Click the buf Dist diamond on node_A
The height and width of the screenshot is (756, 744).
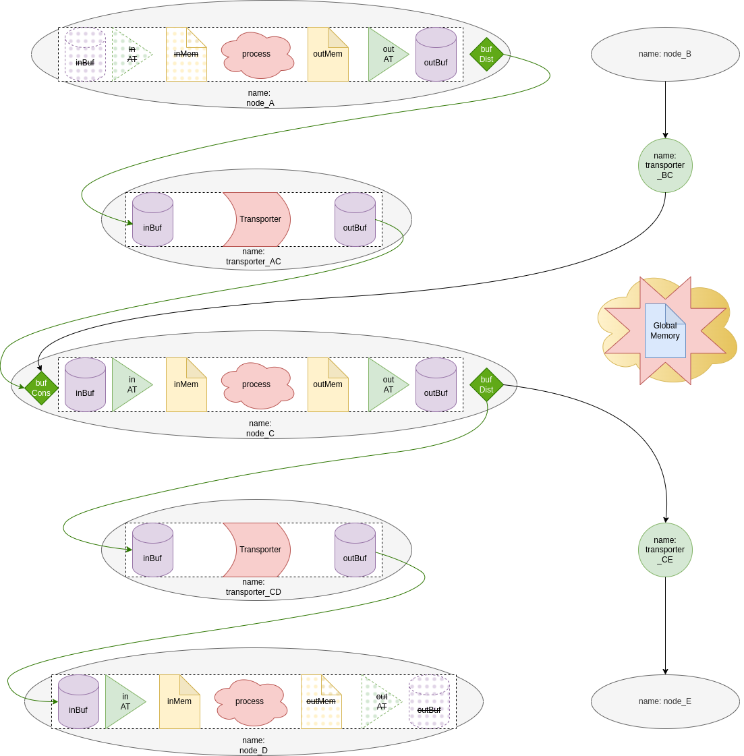(486, 55)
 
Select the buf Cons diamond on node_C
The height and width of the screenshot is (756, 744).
(41, 388)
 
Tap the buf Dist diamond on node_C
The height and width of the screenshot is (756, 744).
(486, 385)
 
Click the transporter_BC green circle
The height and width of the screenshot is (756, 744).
(665, 166)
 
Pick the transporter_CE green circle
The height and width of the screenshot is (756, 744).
(665, 550)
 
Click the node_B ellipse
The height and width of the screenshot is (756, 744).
(665, 55)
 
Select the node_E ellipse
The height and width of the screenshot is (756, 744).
(665, 702)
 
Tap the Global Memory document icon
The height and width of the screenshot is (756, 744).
(665, 330)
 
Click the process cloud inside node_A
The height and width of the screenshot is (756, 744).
(257, 55)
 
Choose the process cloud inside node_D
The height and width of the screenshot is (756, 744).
(250, 702)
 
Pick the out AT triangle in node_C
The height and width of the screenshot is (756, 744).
(386, 385)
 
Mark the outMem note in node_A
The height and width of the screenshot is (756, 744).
(328, 55)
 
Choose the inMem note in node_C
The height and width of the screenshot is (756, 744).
(186, 385)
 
